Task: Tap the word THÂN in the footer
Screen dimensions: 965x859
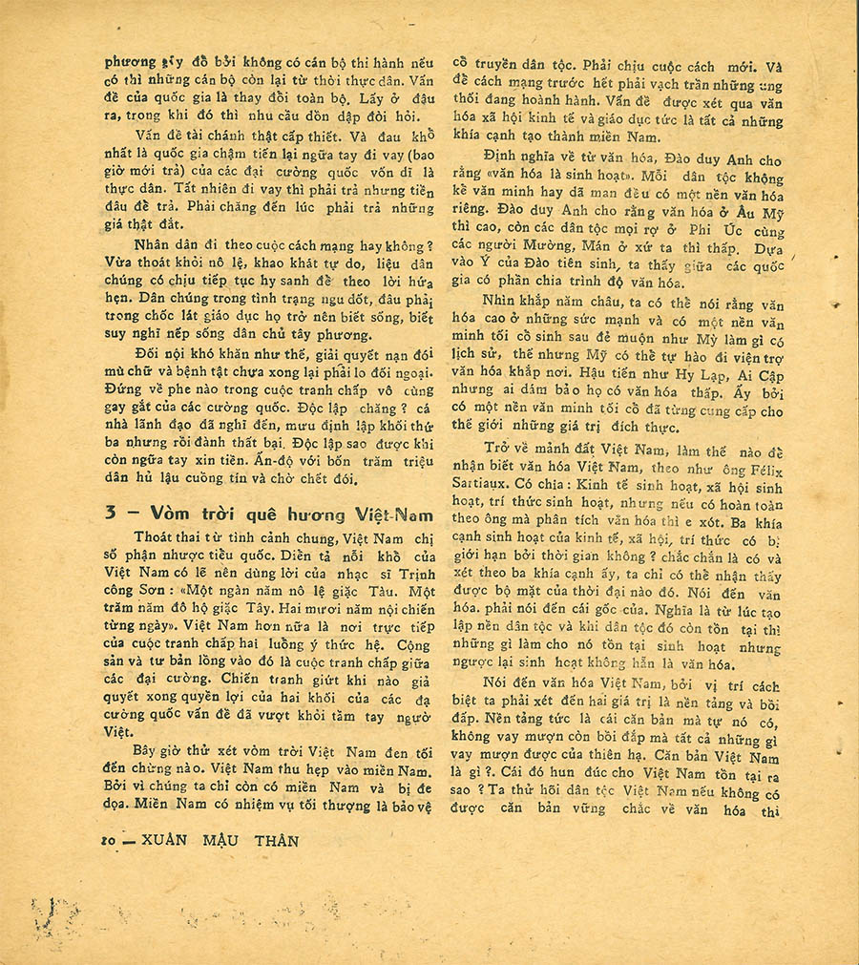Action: pyautogui.click(x=271, y=841)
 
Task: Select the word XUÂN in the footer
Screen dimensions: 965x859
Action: pyautogui.click(x=167, y=841)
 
